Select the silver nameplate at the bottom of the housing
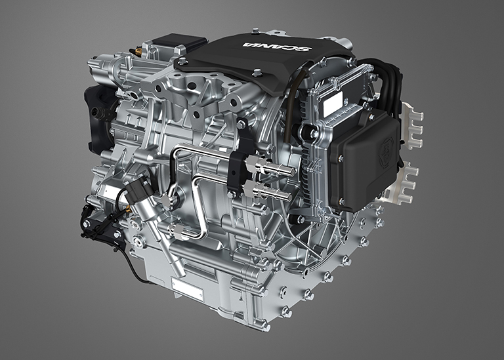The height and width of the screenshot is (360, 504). coord(186,287)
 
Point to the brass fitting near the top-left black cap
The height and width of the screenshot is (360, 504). coord(138,50)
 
